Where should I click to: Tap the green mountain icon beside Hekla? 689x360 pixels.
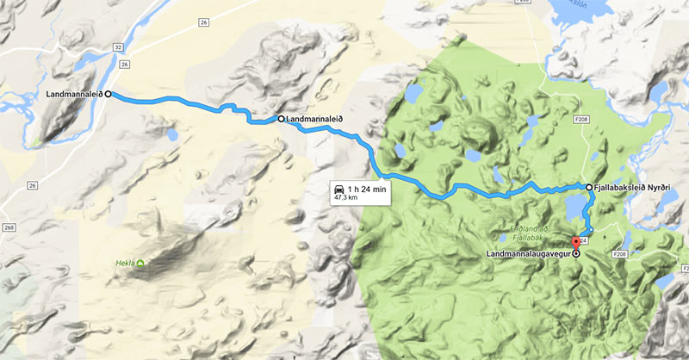(140, 263)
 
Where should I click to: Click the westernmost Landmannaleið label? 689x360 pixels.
(74, 95)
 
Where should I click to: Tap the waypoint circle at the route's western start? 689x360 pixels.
(109, 95)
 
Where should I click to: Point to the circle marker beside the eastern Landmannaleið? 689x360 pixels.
(281, 119)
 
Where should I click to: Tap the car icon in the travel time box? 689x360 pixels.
(339, 188)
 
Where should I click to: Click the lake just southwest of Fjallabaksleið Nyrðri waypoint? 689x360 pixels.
(572, 205)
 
